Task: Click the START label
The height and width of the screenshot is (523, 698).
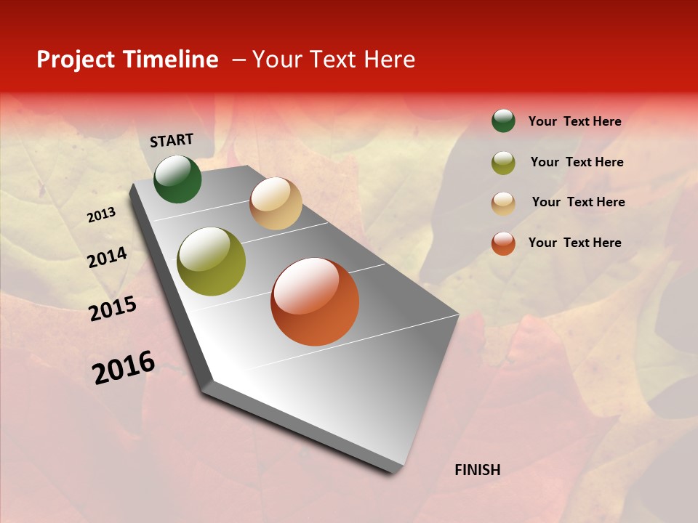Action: (172, 140)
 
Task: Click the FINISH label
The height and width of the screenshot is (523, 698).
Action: (478, 470)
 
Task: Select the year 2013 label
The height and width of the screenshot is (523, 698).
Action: (102, 215)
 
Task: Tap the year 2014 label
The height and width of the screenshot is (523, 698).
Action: (107, 258)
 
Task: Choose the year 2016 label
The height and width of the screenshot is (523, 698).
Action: (124, 367)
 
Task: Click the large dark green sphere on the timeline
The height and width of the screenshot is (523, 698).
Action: (177, 179)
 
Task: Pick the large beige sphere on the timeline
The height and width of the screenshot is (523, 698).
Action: (276, 203)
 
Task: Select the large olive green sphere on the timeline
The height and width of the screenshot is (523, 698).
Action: (212, 261)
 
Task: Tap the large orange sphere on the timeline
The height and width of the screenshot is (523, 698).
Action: (315, 301)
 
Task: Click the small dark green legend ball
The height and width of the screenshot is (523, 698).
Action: (503, 121)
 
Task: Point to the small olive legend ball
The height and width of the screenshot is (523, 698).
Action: (503, 163)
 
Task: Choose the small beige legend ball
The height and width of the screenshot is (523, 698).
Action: (503, 203)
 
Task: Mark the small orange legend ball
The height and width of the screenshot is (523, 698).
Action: (503, 243)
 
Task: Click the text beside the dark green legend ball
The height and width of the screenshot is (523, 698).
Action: (575, 121)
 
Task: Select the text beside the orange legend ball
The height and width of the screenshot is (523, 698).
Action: (575, 243)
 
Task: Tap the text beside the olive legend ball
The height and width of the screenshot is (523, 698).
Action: (577, 162)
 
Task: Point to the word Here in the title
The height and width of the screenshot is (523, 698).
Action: (389, 60)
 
